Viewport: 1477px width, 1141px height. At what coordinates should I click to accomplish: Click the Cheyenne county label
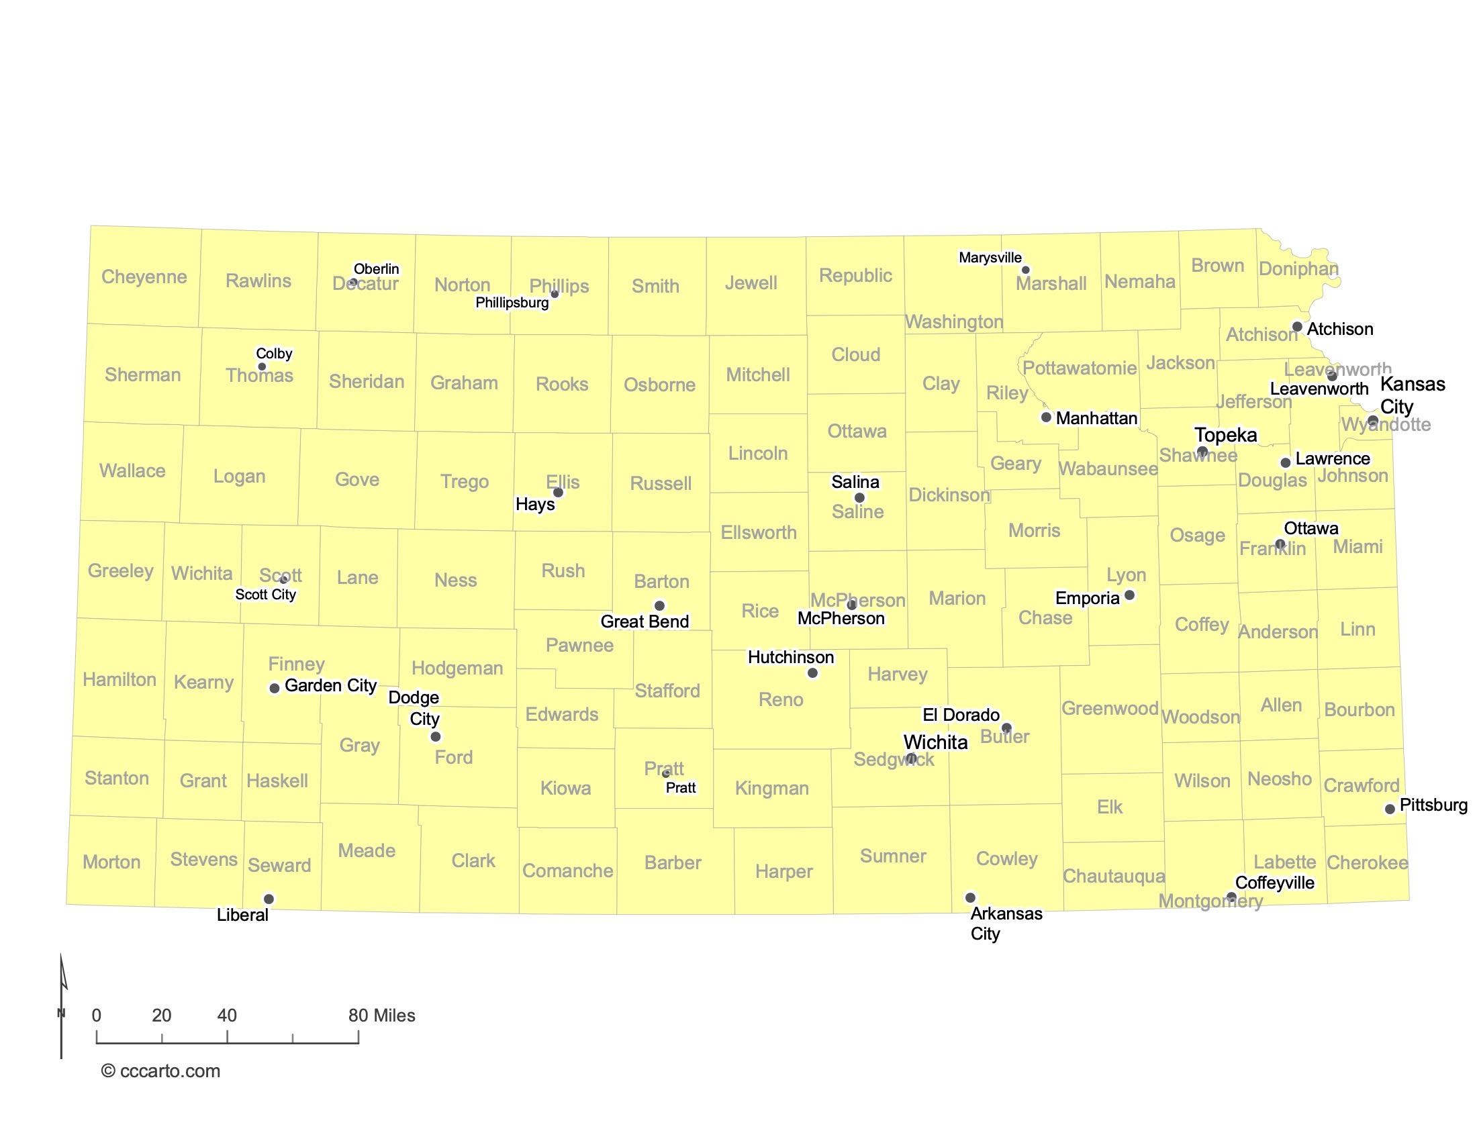(144, 277)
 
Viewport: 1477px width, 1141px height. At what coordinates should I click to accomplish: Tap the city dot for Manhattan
(1046, 417)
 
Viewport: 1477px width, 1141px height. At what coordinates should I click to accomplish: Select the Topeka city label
(1225, 435)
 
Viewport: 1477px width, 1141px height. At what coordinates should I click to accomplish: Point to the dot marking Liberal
(269, 899)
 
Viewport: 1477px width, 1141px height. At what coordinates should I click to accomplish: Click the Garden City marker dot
(275, 688)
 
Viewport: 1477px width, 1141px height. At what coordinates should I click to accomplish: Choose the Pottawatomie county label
(1080, 368)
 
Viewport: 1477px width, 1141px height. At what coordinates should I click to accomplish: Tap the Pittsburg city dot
(1390, 809)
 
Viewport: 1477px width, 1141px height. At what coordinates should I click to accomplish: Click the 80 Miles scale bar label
(381, 1015)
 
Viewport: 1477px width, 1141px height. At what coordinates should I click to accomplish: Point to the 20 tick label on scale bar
(162, 1015)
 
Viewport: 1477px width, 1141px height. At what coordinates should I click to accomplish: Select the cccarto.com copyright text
(161, 1071)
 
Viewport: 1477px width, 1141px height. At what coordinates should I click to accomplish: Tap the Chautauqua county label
(1114, 876)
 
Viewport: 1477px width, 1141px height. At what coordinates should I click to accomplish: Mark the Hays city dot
(558, 493)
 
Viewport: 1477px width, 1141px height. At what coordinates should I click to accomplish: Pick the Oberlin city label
(376, 269)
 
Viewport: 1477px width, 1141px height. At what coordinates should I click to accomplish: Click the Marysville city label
(990, 258)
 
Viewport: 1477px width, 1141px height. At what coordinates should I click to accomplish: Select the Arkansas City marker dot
(971, 897)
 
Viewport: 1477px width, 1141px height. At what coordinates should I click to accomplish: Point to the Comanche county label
(567, 871)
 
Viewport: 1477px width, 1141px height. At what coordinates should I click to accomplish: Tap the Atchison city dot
(1297, 326)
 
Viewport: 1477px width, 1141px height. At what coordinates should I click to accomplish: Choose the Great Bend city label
(645, 622)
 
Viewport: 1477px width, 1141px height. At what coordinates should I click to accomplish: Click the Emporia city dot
(1129, 595)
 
